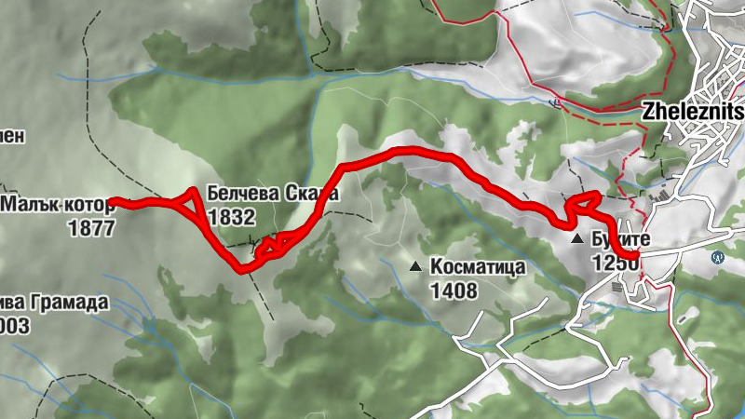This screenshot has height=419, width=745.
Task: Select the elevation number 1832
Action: pos(232,216)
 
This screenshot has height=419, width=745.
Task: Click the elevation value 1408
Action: pos(454,291)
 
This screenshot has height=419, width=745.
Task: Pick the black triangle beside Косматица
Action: pos(415,267)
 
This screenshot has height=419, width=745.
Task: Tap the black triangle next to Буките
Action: pos(578,239)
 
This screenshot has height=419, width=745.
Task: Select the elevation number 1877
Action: pos(91,226)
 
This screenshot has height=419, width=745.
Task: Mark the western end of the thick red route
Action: pos(113,201)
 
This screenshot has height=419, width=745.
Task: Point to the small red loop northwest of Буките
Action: pos(582,200)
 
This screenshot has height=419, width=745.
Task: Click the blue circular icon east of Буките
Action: pos(718,257)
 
